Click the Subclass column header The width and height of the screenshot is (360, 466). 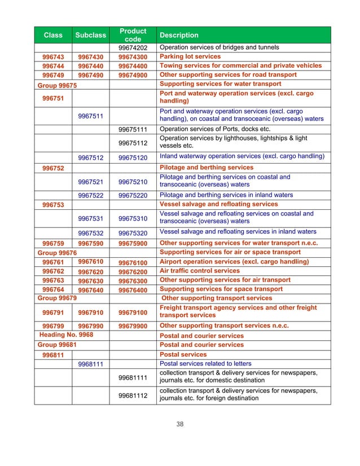click(90, 35)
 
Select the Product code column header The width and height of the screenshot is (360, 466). click(133, 35)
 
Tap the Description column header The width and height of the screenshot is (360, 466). click(179, 35)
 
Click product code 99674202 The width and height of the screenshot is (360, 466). click(133, 47)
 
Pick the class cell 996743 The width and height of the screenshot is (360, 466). click(53, 57)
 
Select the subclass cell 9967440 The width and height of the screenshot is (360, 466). click(90, 66)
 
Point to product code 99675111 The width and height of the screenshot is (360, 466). click(133, 129)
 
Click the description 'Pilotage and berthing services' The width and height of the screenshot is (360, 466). click(207, 168)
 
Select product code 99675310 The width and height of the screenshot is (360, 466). click(133, 218)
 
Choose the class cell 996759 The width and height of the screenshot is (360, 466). click(53, 244)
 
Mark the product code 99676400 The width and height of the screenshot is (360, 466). click(133, 289)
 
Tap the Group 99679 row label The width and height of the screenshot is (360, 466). click(57, 298)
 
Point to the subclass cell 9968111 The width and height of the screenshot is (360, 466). click(90, 364)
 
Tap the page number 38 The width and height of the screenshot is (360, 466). click(180, 424)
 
